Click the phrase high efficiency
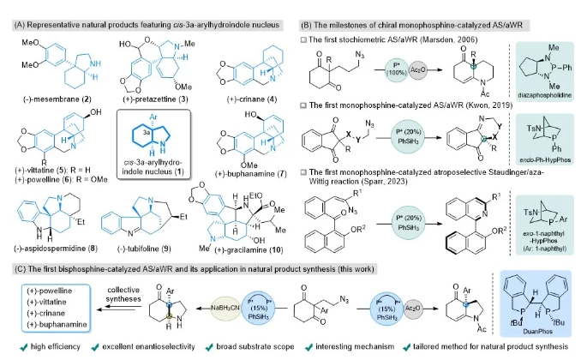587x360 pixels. [44, 348]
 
